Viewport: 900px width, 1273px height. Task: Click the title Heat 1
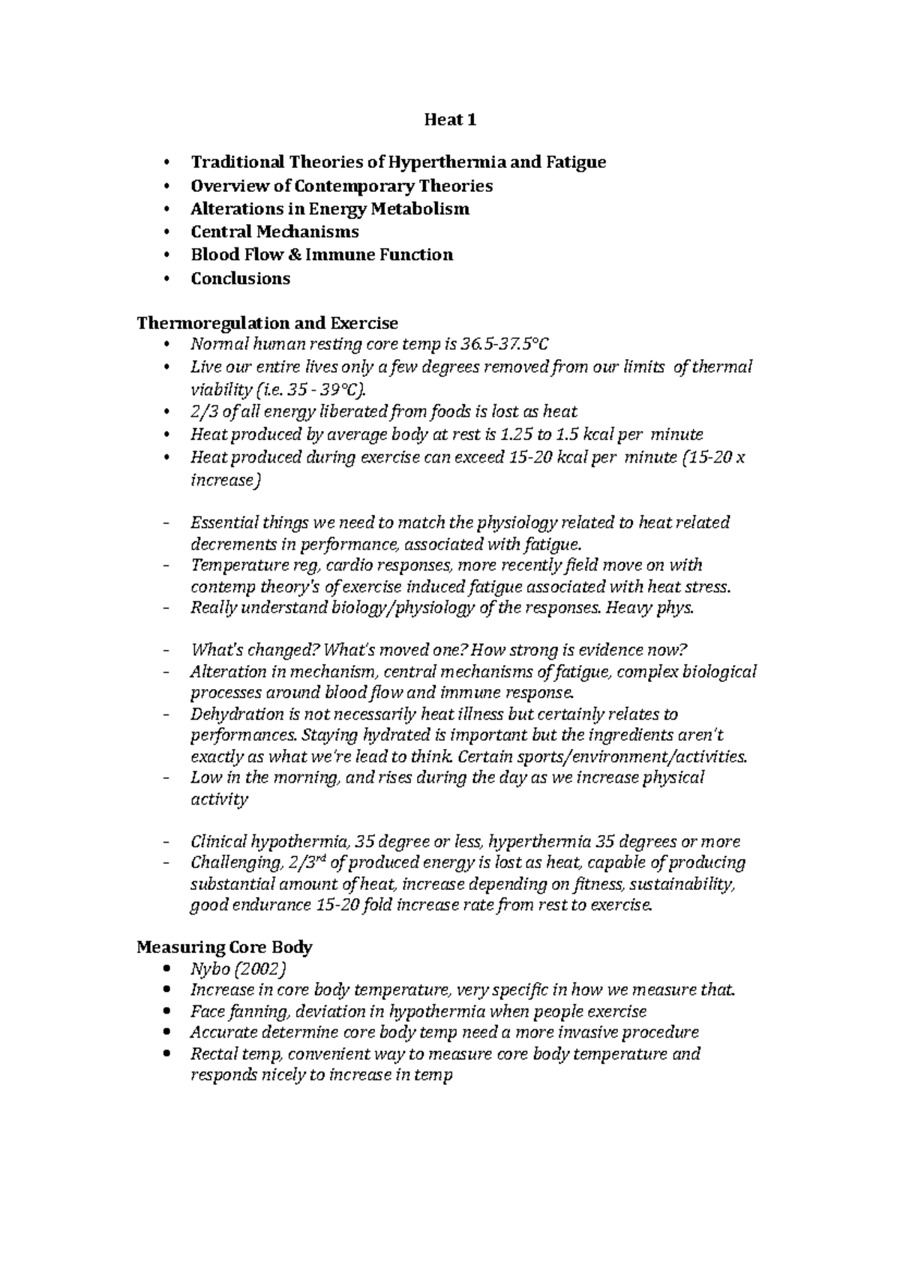pos(450,120)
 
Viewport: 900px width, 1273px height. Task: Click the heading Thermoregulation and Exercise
pos(267,323)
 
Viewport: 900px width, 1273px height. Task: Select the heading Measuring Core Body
pos(224,947)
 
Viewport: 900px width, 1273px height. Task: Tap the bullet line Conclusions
pos(240,278)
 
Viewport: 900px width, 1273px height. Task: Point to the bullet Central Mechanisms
pos(274,232)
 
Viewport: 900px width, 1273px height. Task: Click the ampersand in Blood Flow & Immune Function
pos(293,255)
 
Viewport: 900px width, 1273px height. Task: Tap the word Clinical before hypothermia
pos(218,841)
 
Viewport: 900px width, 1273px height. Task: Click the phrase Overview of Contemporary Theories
pos(341,185)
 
